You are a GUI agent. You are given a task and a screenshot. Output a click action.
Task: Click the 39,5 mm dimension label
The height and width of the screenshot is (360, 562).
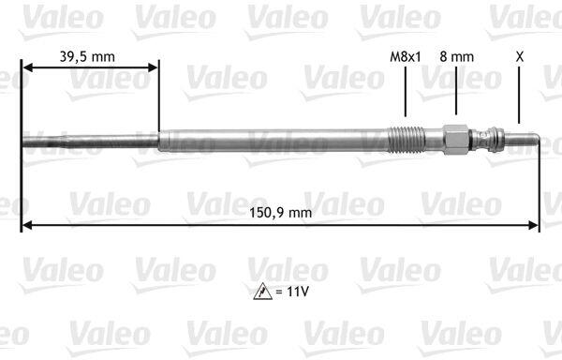coord(87,56)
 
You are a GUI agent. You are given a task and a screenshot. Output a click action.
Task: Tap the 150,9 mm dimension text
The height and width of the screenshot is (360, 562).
coord(281,213)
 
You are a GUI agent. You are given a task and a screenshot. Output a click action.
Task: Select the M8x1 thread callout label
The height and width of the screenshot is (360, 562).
coord(406,56)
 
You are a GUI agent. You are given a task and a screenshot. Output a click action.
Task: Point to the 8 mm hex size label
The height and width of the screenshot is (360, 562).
coord(457,56)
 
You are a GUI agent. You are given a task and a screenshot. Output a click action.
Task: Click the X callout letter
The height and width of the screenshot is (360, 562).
coord(519,56)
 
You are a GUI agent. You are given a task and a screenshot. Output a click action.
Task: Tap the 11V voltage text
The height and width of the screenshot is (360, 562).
coord(298,292)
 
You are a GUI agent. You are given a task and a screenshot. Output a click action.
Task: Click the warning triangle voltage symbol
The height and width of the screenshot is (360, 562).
coord(262,292)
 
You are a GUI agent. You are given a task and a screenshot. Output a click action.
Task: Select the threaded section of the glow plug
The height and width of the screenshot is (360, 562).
coord(407,140)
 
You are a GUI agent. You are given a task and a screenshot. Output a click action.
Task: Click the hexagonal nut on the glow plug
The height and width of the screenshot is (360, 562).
coord(456,140)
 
